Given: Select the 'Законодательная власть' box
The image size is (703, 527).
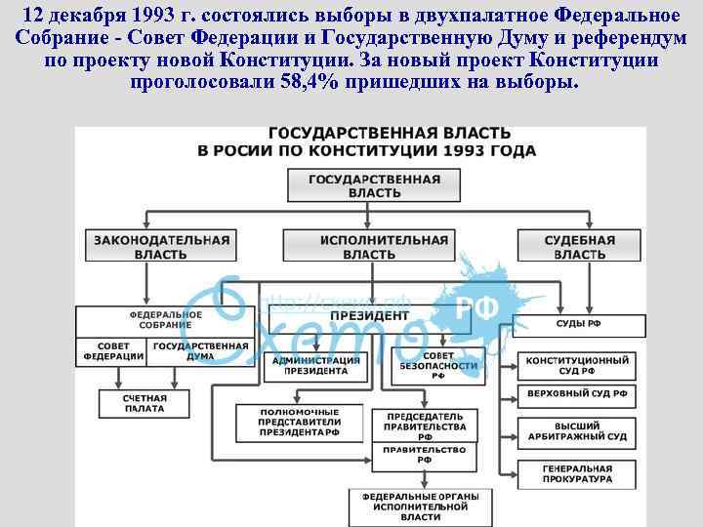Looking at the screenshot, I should [161, 247].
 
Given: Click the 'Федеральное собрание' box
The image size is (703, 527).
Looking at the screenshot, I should [165, 320].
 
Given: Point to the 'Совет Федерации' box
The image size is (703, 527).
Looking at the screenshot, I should [113, 351].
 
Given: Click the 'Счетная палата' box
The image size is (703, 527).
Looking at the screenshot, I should [144, 403].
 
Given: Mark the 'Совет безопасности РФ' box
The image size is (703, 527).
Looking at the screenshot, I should [439, 366].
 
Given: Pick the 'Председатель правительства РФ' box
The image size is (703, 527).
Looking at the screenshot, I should [419, 426].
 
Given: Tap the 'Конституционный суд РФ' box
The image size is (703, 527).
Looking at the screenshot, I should [577, 366].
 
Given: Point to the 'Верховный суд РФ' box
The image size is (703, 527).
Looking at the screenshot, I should [577, 394].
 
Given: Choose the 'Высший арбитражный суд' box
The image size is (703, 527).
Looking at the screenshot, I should [577, 430].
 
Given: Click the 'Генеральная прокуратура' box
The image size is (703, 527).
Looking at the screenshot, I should [577, 474].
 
